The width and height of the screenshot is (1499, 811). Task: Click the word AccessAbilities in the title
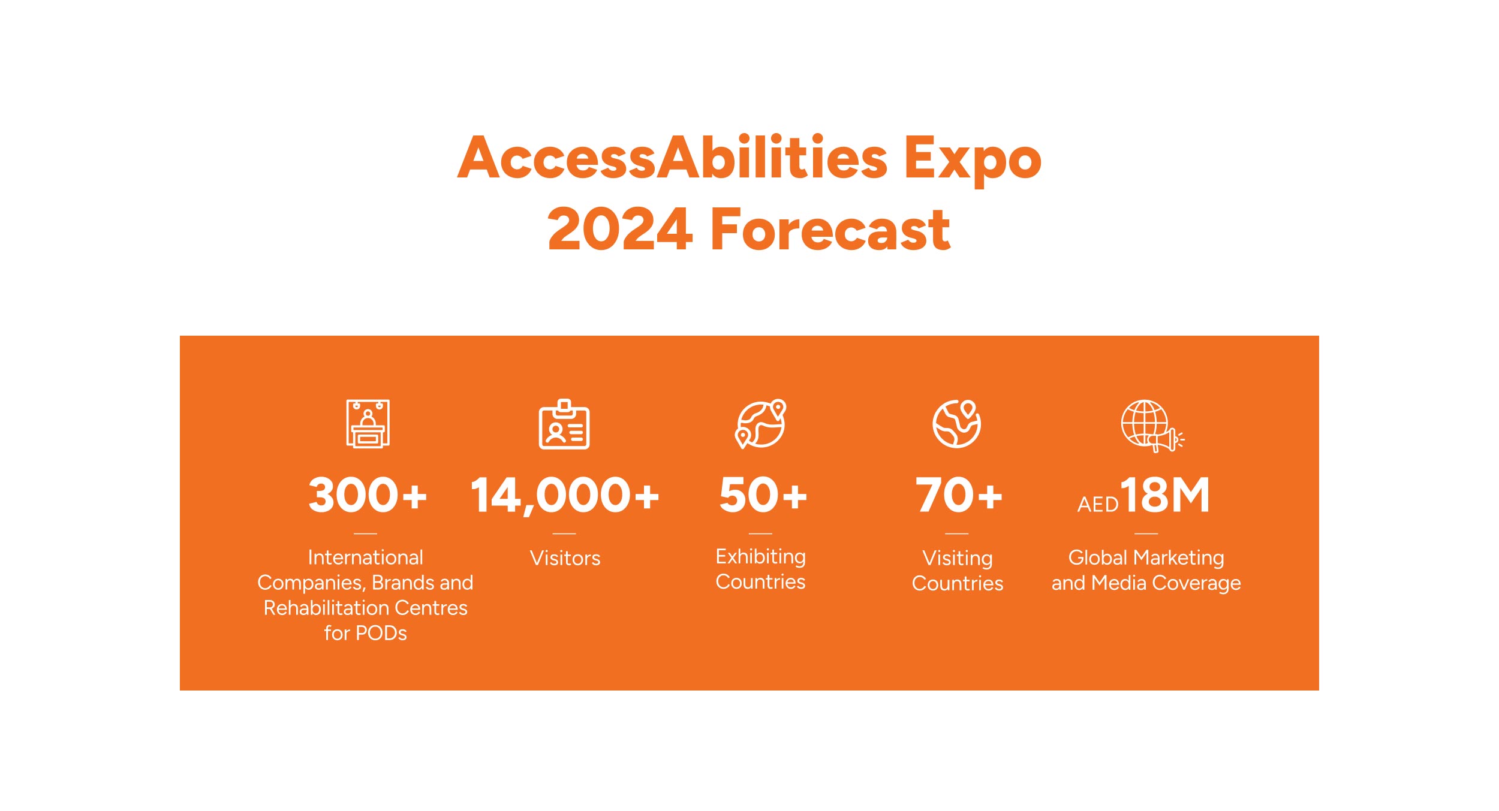[x=672, y=157]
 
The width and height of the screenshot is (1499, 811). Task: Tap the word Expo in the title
[x=973, y=160]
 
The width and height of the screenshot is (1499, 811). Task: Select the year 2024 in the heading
[x=620, y=229]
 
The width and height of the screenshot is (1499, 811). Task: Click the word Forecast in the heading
[x=830, y=229]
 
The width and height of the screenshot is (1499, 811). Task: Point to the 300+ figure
[x=368, y=495]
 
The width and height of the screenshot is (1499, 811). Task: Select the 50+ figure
[x=763, y=495]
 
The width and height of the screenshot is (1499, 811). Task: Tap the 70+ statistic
[x=958, y=495]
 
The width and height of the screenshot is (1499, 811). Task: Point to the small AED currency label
[x=1098, y=505]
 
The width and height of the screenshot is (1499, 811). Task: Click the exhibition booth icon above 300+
[x=368, y=423]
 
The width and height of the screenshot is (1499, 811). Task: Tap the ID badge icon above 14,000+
[x=564, y=424]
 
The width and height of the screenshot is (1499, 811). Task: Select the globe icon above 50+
[x=761, y=424]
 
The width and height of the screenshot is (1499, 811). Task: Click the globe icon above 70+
[x=957, y=424]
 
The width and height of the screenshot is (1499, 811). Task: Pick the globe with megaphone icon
[x=1152, y=426]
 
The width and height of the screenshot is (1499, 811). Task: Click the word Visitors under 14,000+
[x=565, y=558]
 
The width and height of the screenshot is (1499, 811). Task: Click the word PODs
[x=381, y=634]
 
